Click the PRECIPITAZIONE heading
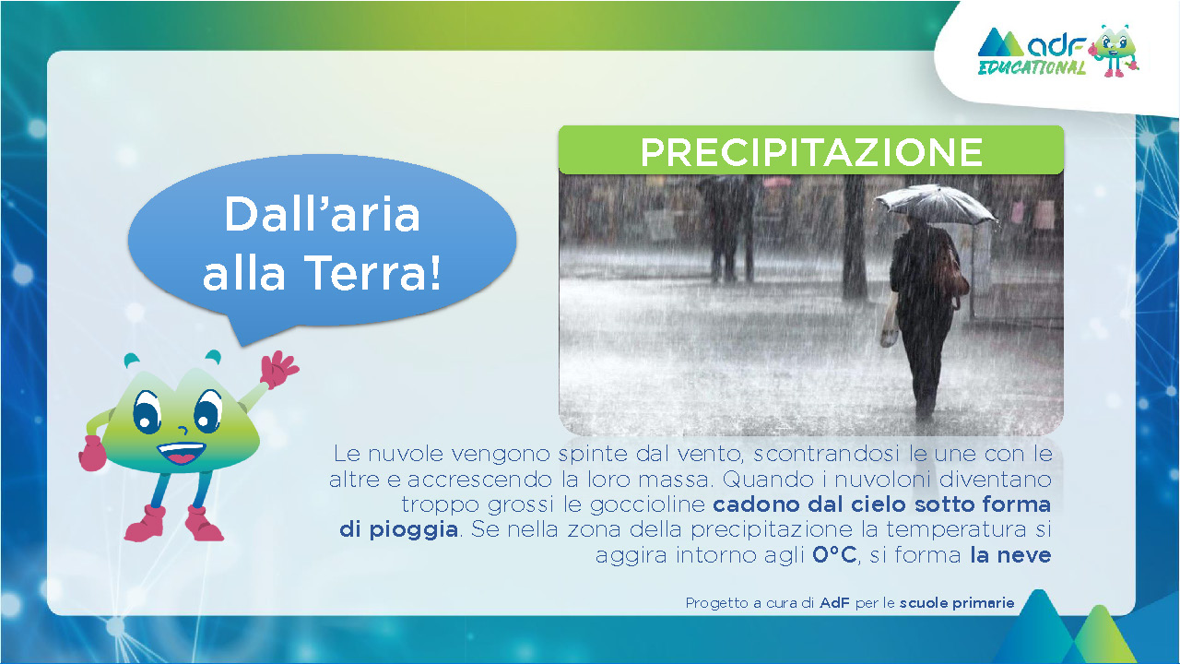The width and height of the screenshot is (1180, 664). [x=811, y=152]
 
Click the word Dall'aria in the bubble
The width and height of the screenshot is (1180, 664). [x=322, y=214]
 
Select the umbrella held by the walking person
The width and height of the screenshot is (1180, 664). [x=935, y=204]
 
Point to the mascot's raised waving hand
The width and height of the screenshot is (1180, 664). [x=279, y=370]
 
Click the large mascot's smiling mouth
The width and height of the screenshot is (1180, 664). [x=182, y=452]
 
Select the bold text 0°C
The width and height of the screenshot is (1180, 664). [x=834, y=555]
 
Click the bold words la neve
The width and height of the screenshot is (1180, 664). [x=1010, y=555]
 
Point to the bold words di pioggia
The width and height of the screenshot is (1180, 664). [x=399, y=529]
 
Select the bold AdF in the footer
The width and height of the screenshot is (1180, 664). [x=834, y=602]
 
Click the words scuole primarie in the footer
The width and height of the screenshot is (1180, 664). [x=957, y=603]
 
